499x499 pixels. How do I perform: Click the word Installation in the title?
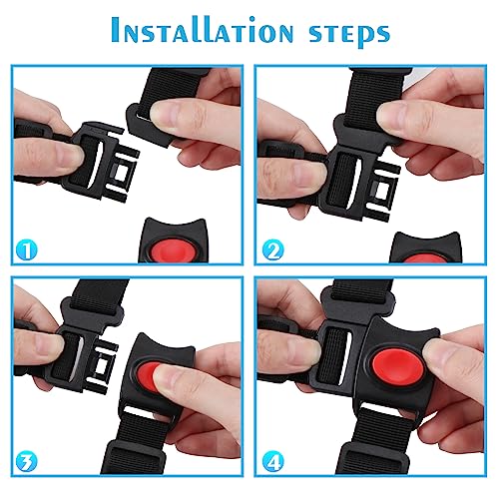tap(203, 30)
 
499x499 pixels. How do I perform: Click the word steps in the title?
tap(349, 34)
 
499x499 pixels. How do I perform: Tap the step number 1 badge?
tap(27, 250)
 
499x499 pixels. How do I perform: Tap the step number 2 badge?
tap(272, 250)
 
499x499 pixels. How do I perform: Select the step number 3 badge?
tap(27, 462)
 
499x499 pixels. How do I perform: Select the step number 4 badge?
tap(272, 462)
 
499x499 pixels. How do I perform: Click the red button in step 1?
tap(172, 250)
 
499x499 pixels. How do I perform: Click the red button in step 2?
tap(424, 258)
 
